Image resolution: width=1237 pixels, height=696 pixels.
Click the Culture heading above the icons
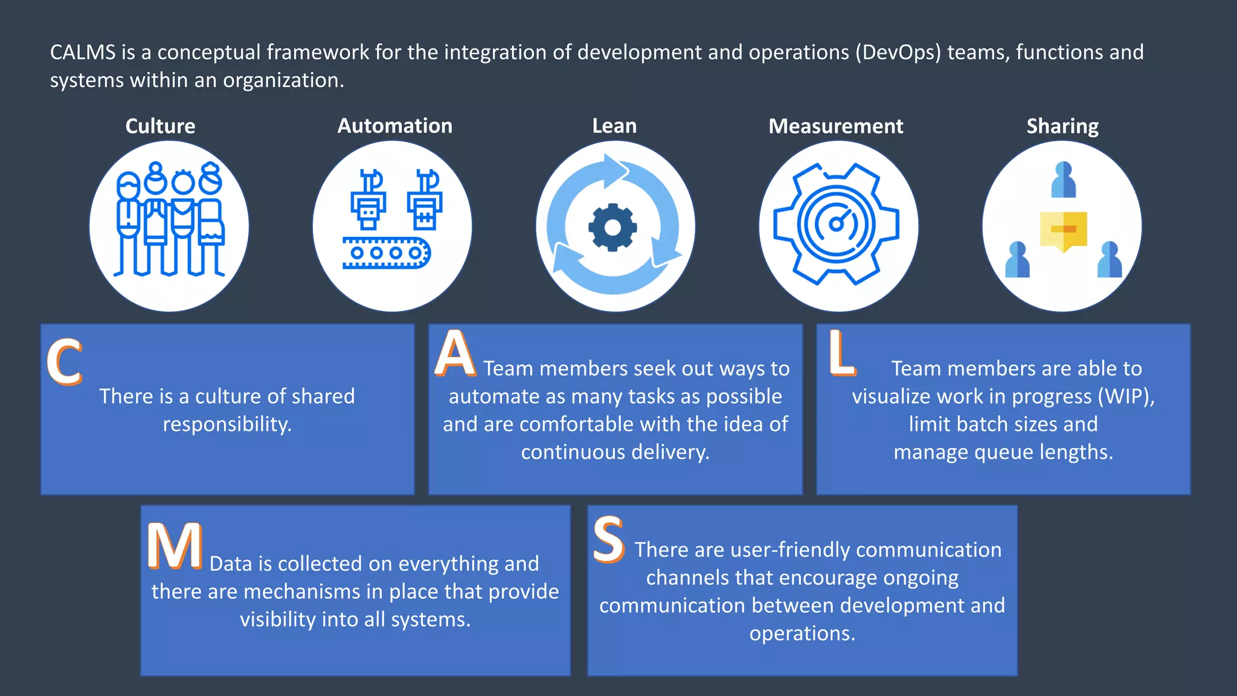160,126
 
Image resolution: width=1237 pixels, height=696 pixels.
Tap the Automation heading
394,126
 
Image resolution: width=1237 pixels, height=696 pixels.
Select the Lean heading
614,126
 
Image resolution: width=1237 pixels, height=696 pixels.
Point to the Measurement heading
835,126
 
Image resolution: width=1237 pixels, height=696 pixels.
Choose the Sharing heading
1062,126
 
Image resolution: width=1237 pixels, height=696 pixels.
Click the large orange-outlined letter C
64,362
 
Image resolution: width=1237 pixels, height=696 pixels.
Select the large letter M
175,546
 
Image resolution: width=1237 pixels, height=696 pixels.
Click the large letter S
608,540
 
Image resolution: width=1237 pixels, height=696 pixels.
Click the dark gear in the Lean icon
612,228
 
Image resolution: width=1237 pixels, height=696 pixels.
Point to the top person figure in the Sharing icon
1063,179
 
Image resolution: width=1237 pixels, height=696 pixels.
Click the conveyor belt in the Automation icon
386,253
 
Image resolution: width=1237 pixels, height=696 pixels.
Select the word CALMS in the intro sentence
83,53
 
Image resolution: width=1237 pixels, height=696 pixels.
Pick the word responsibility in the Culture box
227,424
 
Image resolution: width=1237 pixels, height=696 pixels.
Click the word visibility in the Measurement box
278,619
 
